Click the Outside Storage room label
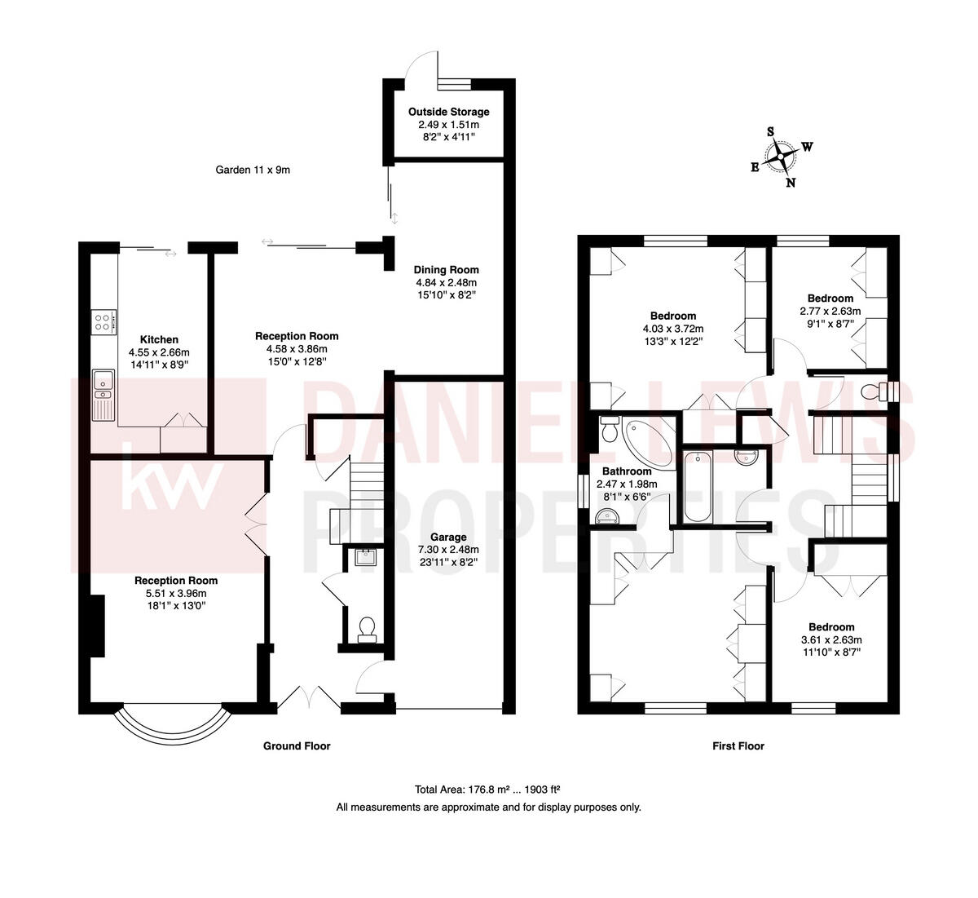click(x=448, y=112)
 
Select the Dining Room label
click(x=446, y=270)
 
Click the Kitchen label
click(x=159, y=339)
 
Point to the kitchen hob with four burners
click(x=104, y=323)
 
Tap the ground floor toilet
click(x=366, y=628)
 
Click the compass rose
click(x=782, y=156)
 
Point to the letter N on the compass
click(x=790, y=183)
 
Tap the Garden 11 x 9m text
click(x=253, y=170)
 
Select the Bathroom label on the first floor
click(x=626, y=471)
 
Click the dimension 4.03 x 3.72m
click(x=672, y=329)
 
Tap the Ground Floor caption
click(x=297, y=745)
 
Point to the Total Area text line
click(x=487, y=790)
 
